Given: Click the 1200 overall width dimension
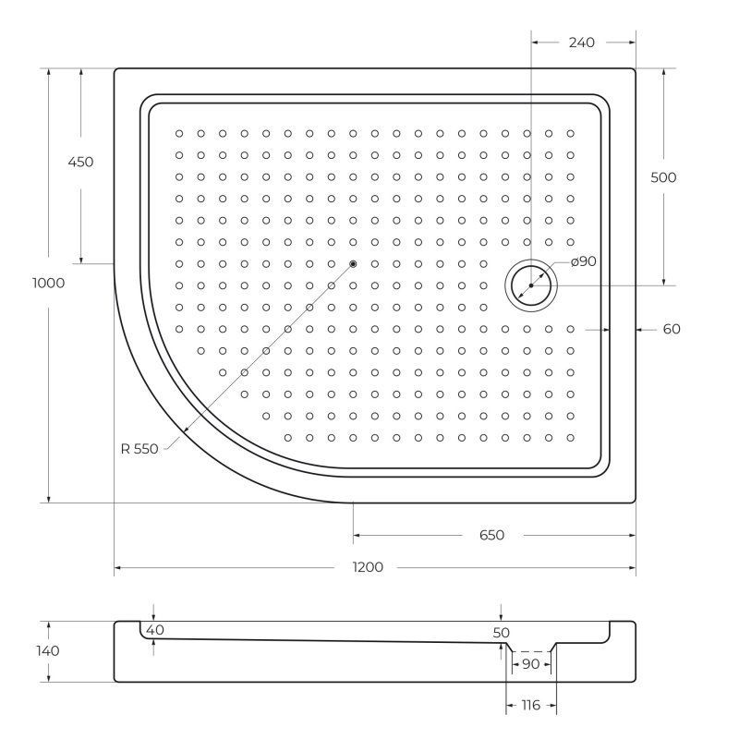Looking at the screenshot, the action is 368,567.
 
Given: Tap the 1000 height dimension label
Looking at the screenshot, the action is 49,283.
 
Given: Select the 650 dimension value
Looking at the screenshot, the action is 491,535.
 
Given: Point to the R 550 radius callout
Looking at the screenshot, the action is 139,449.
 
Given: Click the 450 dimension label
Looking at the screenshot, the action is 80,162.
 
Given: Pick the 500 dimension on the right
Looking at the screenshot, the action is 663,177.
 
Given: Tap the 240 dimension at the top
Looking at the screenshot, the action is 582,42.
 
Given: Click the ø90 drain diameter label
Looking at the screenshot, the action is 584,261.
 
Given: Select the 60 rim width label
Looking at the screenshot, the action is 672,329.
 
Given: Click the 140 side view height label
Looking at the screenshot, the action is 48,651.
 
